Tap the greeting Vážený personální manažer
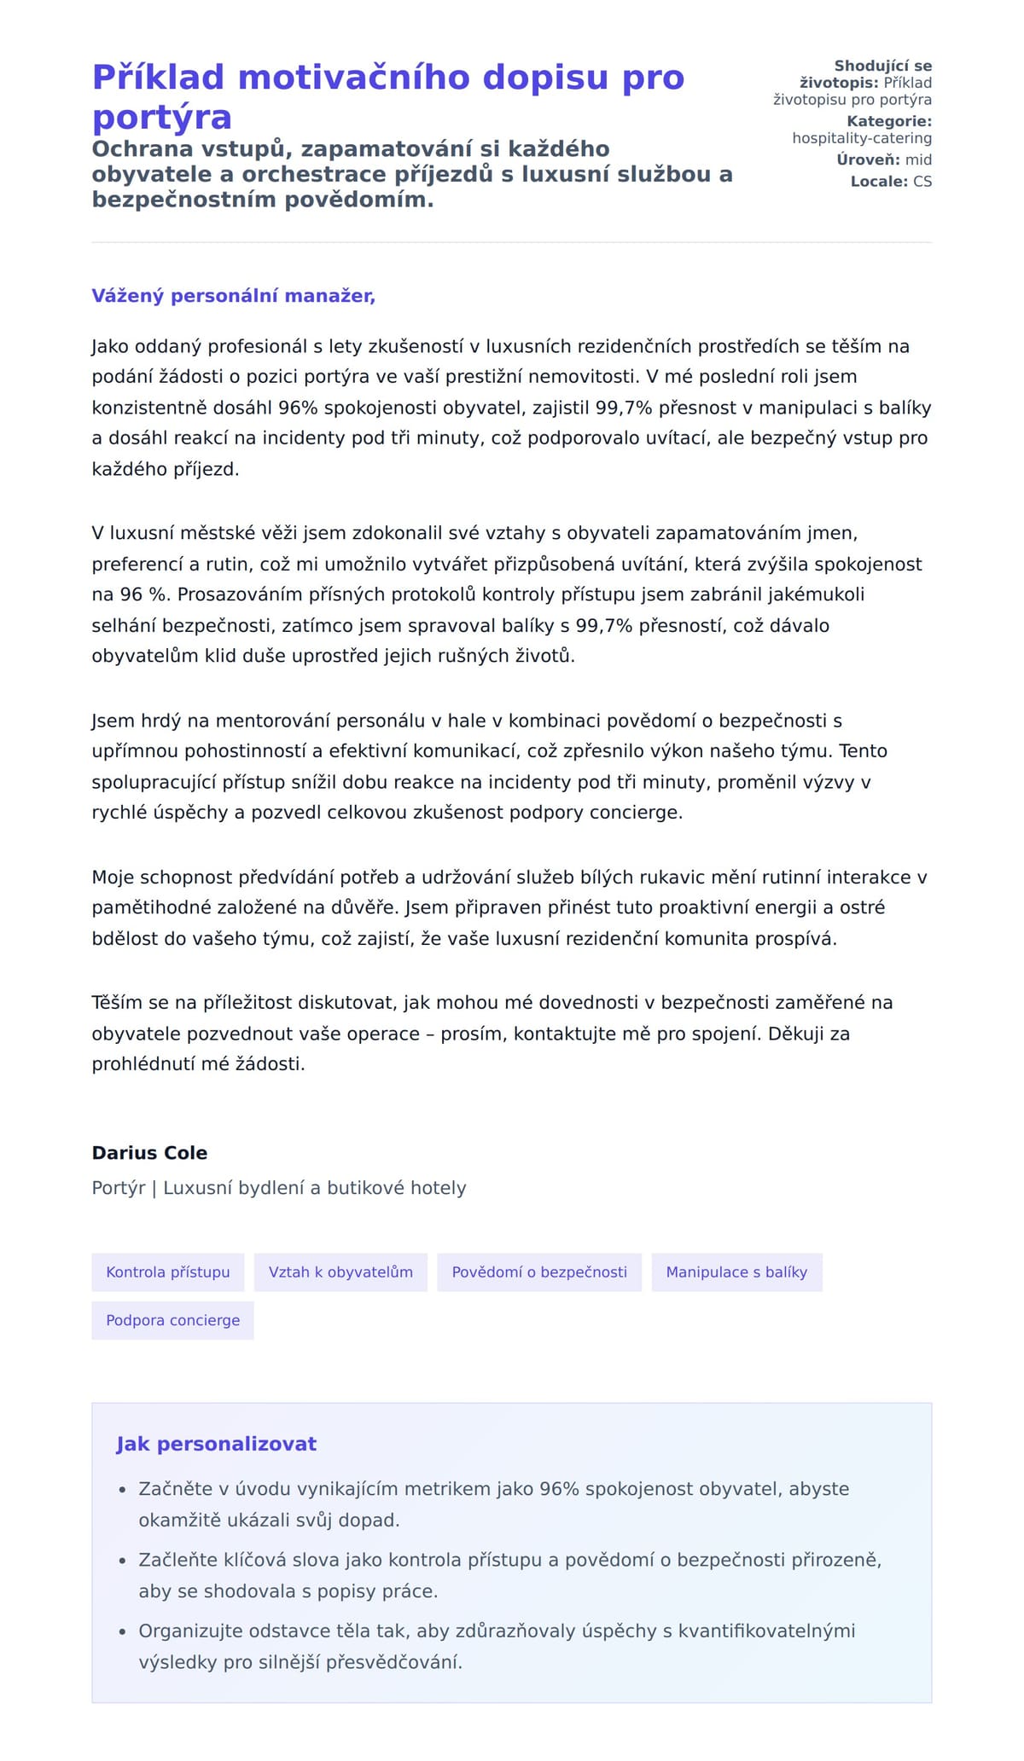(233, 296)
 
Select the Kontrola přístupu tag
(168, 1272)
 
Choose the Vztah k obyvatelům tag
(340, 1272)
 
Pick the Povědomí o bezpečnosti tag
(539, 1272)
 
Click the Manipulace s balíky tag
(736, 1272)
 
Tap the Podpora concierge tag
(172, 1320)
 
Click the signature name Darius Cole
(149, 1153)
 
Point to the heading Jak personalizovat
(216, 1444)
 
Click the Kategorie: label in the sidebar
(889, 121)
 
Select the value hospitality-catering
(862, 138)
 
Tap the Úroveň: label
(868, 159)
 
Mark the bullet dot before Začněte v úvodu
(122, 1490)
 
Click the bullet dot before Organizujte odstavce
(122, 1631)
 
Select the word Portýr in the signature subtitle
(118, 1188)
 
